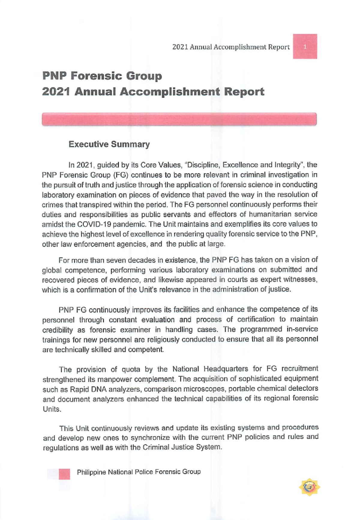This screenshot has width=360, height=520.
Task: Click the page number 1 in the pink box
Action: point(305,47)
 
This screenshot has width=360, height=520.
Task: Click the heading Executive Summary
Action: point(109,144)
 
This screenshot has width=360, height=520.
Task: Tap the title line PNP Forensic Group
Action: point(102,76)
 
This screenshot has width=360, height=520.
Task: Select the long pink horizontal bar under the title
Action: point(179,119)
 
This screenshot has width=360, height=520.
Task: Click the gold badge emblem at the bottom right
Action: point(309,487)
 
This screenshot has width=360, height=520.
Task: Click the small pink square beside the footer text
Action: point(64,474)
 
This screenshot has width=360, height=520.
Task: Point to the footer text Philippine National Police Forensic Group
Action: point(139,472)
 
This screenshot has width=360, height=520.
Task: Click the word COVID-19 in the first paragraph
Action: point(92,224)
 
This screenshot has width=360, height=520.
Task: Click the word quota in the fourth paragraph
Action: point(130,369)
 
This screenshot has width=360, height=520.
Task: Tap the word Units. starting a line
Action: point(52,409)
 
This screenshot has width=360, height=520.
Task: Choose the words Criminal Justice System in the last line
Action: point(182,447)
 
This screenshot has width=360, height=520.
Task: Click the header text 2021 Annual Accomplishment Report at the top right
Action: point(231,47)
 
